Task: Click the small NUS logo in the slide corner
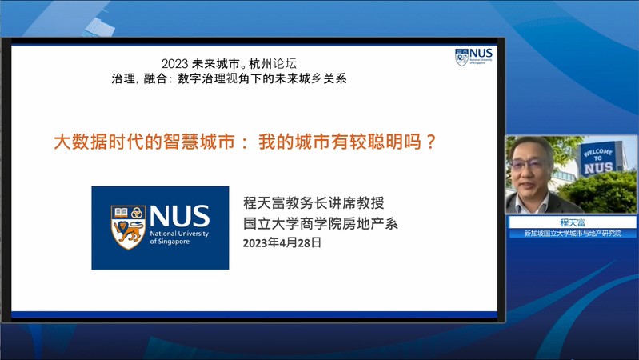point(473,57)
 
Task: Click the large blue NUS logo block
point(160,227)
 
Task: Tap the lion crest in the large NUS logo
point(128,226)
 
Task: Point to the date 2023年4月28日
point(282,243)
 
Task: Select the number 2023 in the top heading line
point(174,64)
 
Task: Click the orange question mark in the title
point(431,142)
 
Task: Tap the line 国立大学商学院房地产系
point(321,223)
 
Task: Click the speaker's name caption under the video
point(573,222)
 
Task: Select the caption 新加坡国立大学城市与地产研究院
point(573,234)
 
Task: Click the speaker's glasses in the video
point(527,164)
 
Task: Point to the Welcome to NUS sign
point(598,159)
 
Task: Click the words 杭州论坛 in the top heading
point(273,64)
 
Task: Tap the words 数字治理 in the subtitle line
point(202,78)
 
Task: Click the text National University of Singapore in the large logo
point(179,238)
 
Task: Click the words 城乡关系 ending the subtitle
point(323,78)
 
